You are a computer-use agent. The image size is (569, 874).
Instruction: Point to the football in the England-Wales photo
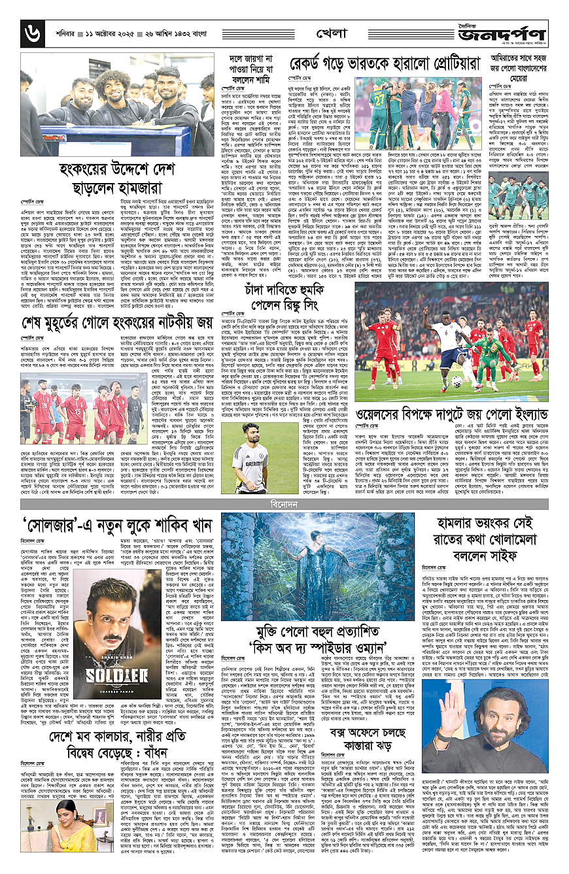point(438,381)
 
